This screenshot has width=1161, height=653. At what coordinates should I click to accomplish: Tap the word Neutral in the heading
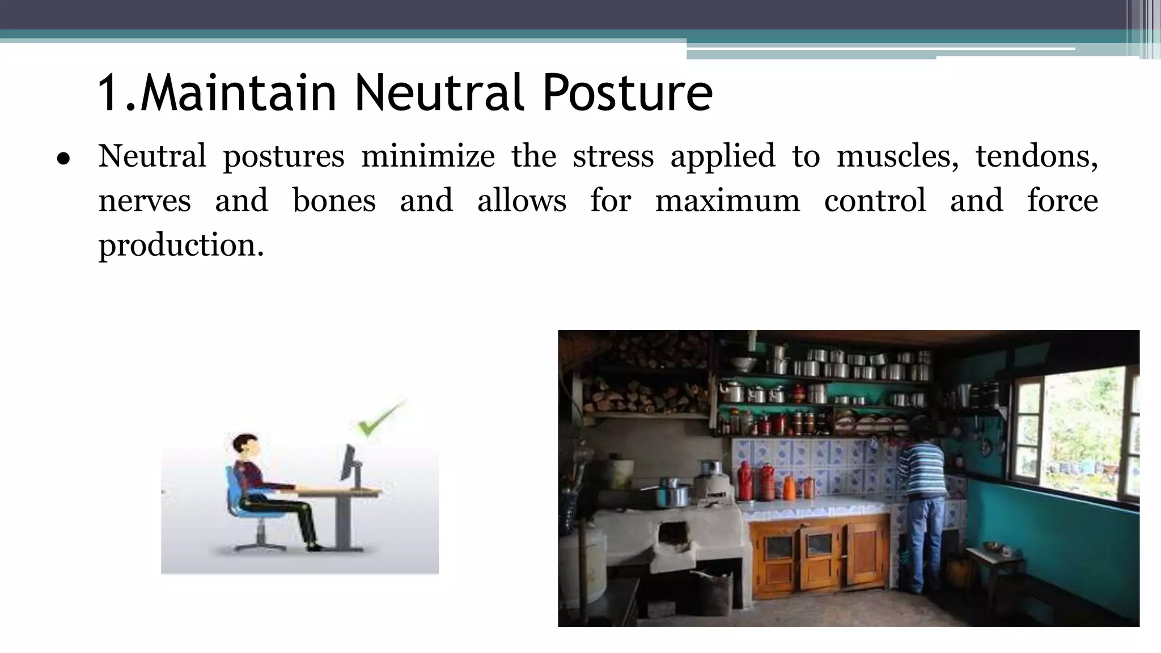[x=443, y=92]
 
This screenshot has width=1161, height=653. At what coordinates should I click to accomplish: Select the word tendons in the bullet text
[x=1036, y=156]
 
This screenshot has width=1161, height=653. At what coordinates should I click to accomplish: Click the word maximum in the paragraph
[x=727, y=201]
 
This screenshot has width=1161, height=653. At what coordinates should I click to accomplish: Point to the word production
[x=181, y=246]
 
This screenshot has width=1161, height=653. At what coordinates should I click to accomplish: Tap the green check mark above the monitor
[x=379, y=421]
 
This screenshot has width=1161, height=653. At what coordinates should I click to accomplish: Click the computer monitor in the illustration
[x=348, y=464]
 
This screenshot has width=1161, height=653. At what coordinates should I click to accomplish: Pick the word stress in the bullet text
[x=612, y=156]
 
